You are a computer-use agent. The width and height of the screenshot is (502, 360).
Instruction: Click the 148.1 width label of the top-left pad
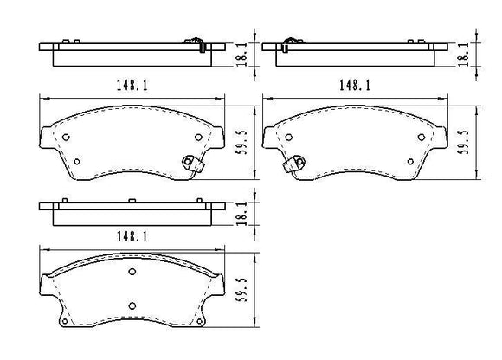point(132,85)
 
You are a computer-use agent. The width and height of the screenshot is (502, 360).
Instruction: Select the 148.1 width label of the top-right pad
point(355,85)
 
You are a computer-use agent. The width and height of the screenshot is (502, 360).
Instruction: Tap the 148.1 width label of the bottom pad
point(132,236)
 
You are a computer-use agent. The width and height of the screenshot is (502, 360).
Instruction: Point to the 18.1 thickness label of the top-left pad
point(242,55)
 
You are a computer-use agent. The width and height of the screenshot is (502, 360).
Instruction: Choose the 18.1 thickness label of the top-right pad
point(463,55)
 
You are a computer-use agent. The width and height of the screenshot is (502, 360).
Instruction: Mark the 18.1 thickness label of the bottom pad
point(242,214)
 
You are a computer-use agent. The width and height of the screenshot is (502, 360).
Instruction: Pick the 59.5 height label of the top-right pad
point(464,143)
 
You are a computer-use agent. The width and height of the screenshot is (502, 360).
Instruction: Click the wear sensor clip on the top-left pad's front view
point(192,164)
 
